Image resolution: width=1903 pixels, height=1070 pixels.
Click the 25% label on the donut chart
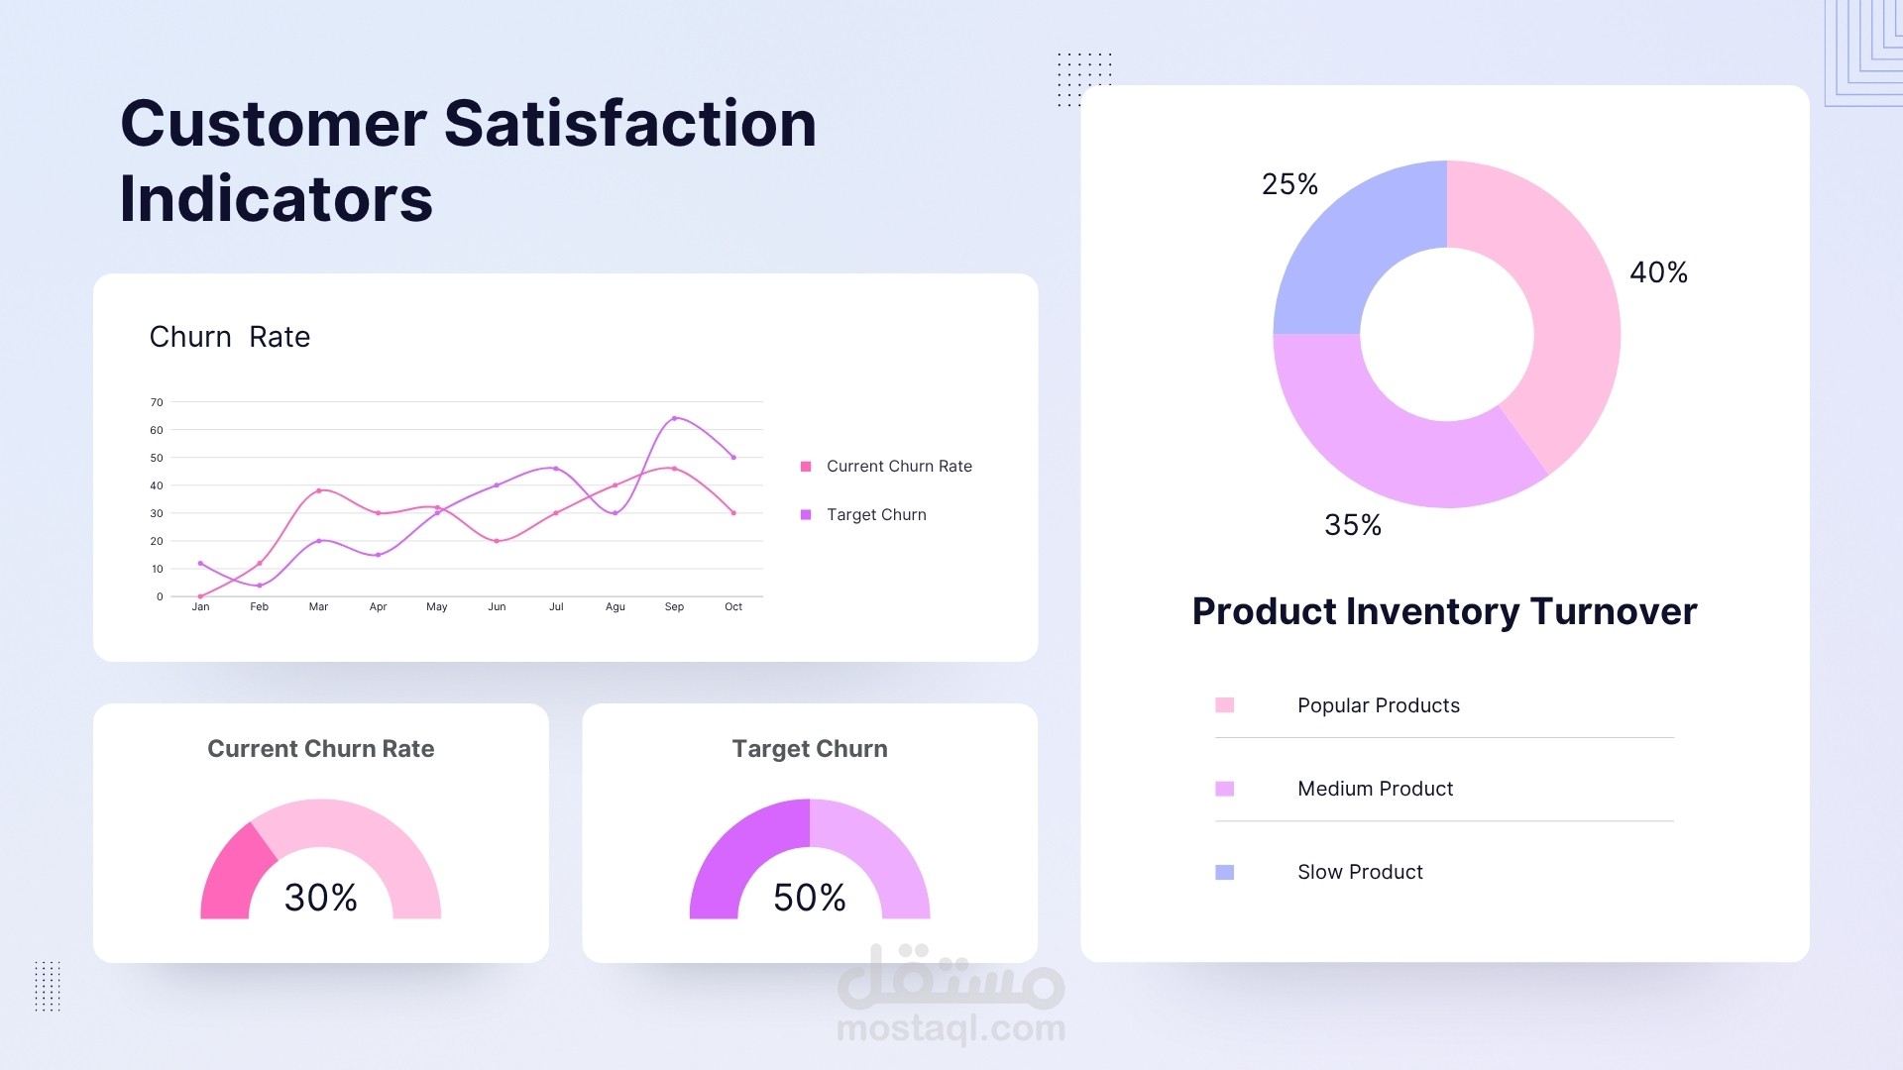click(1289, 184)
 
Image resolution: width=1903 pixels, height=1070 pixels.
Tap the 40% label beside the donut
click(1658, 272)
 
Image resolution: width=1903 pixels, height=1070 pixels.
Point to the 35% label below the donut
click(1353, 525)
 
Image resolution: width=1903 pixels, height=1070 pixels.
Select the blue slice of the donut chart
click(1353, 258)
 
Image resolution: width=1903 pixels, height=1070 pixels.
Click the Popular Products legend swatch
click(1225, 705)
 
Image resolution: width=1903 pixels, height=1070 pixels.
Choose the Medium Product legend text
click(1375, 789)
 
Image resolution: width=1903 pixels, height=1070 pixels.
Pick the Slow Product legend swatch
click(1225, 872)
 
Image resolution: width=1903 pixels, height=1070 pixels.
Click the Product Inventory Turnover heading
click(1444, 611)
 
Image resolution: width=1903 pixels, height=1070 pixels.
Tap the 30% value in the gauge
click(320, 898)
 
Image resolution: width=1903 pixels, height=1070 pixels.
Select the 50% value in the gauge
click(809, 898)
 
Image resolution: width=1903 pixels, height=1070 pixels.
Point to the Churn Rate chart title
click(230, 337)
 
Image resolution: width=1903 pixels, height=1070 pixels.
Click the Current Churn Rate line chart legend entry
click(898, 467)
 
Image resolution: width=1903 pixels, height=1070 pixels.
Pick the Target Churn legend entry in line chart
click(875, 515)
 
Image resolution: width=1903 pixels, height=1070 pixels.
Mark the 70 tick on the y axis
click(157, 402)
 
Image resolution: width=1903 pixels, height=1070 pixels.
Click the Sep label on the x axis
click(674, 607)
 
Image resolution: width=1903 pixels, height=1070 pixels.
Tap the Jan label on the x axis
click(200, 607)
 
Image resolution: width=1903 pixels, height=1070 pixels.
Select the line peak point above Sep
click(674, 418)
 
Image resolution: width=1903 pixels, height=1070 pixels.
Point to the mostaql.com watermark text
click(951, 1029)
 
